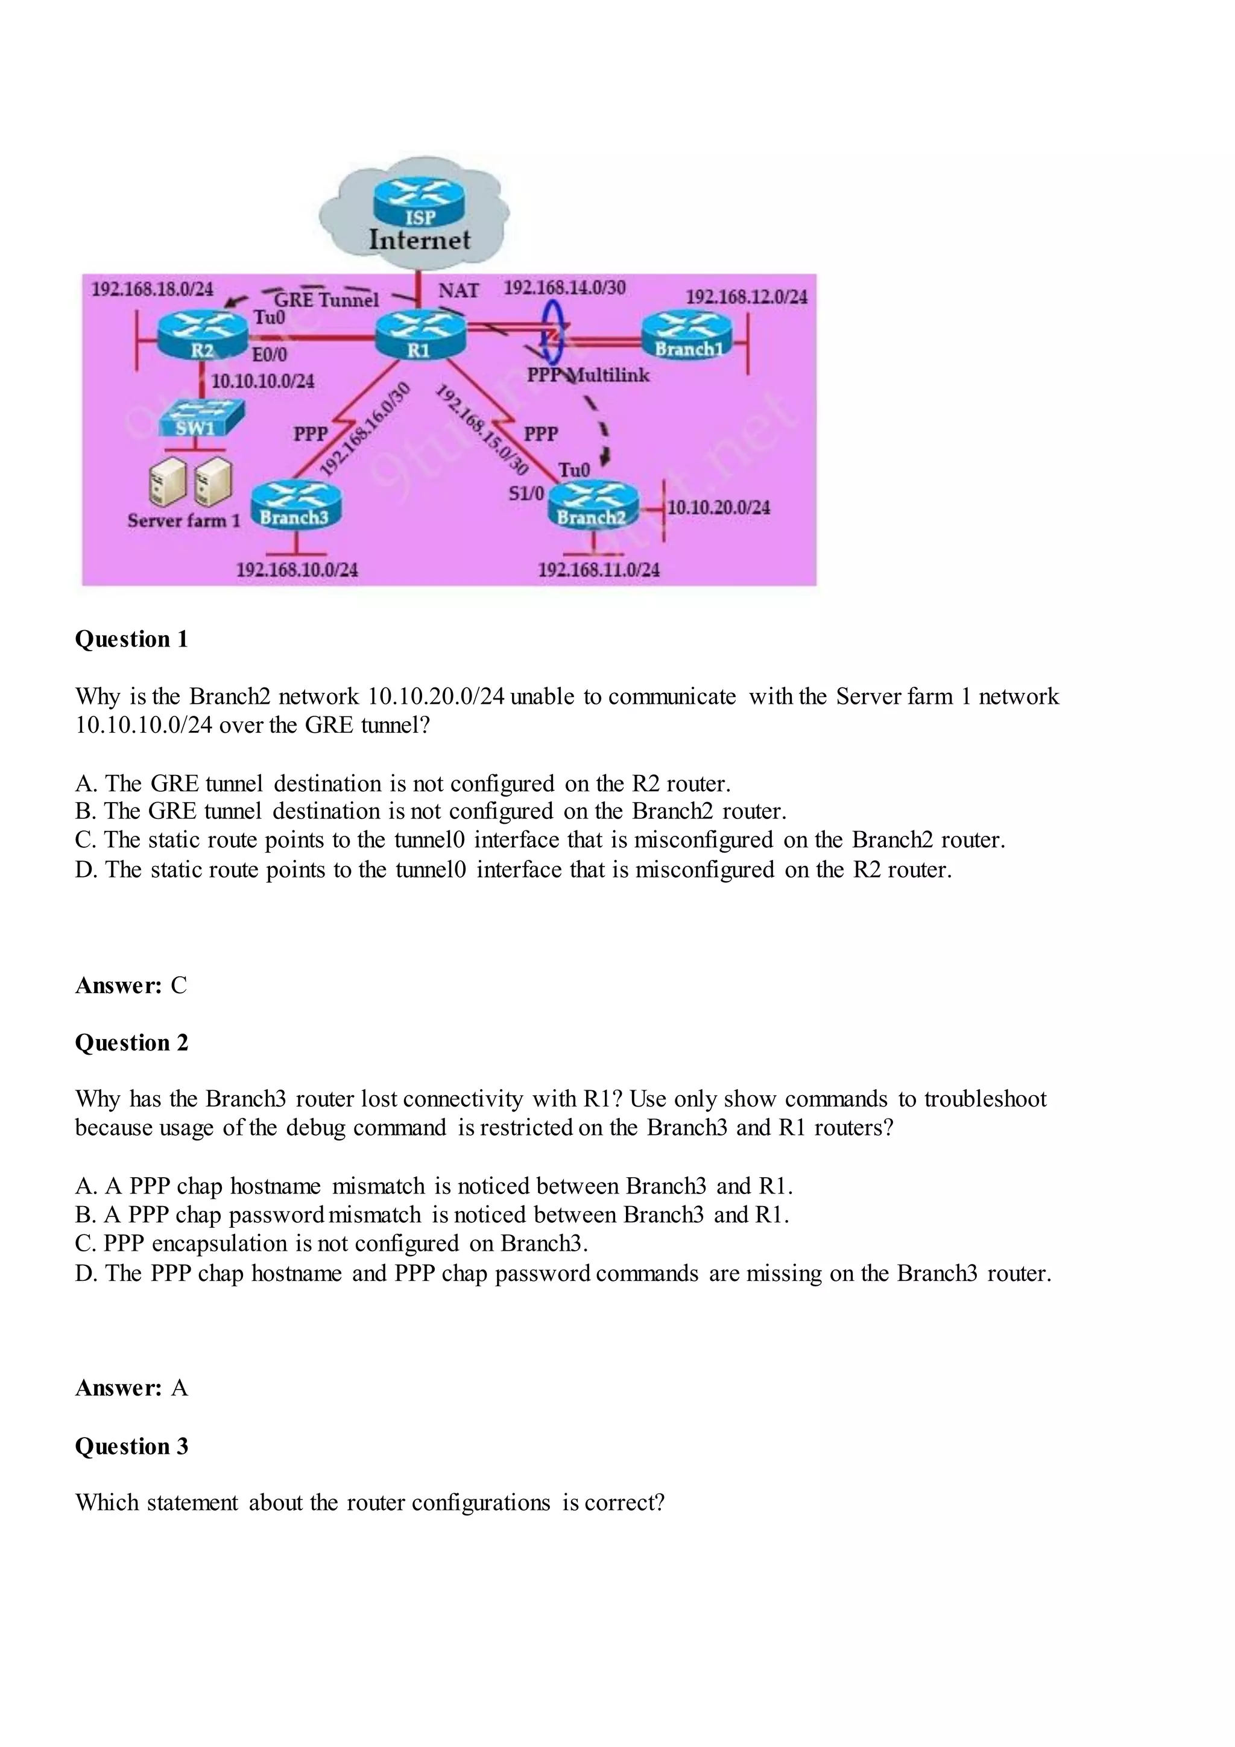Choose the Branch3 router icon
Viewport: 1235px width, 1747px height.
tap(297, 504)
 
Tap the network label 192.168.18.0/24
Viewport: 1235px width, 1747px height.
tap(152, 289)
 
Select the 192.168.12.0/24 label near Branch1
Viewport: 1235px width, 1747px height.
tap(747, 297)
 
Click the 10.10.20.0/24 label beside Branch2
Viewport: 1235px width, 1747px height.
tap(718, 508)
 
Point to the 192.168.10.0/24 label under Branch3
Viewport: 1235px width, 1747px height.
tap(297, 570)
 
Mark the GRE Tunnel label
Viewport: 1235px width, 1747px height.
tap(326, 300)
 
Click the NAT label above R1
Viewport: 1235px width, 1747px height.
tap(458, 291)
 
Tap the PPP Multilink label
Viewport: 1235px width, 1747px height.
tap(588, 375)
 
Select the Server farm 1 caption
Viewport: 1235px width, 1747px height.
tap(183, 521)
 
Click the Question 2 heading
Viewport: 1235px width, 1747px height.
tap(131, 1043)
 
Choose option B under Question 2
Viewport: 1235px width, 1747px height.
tap(431, 1215)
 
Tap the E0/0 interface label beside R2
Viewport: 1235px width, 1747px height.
tap(270, 355)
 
